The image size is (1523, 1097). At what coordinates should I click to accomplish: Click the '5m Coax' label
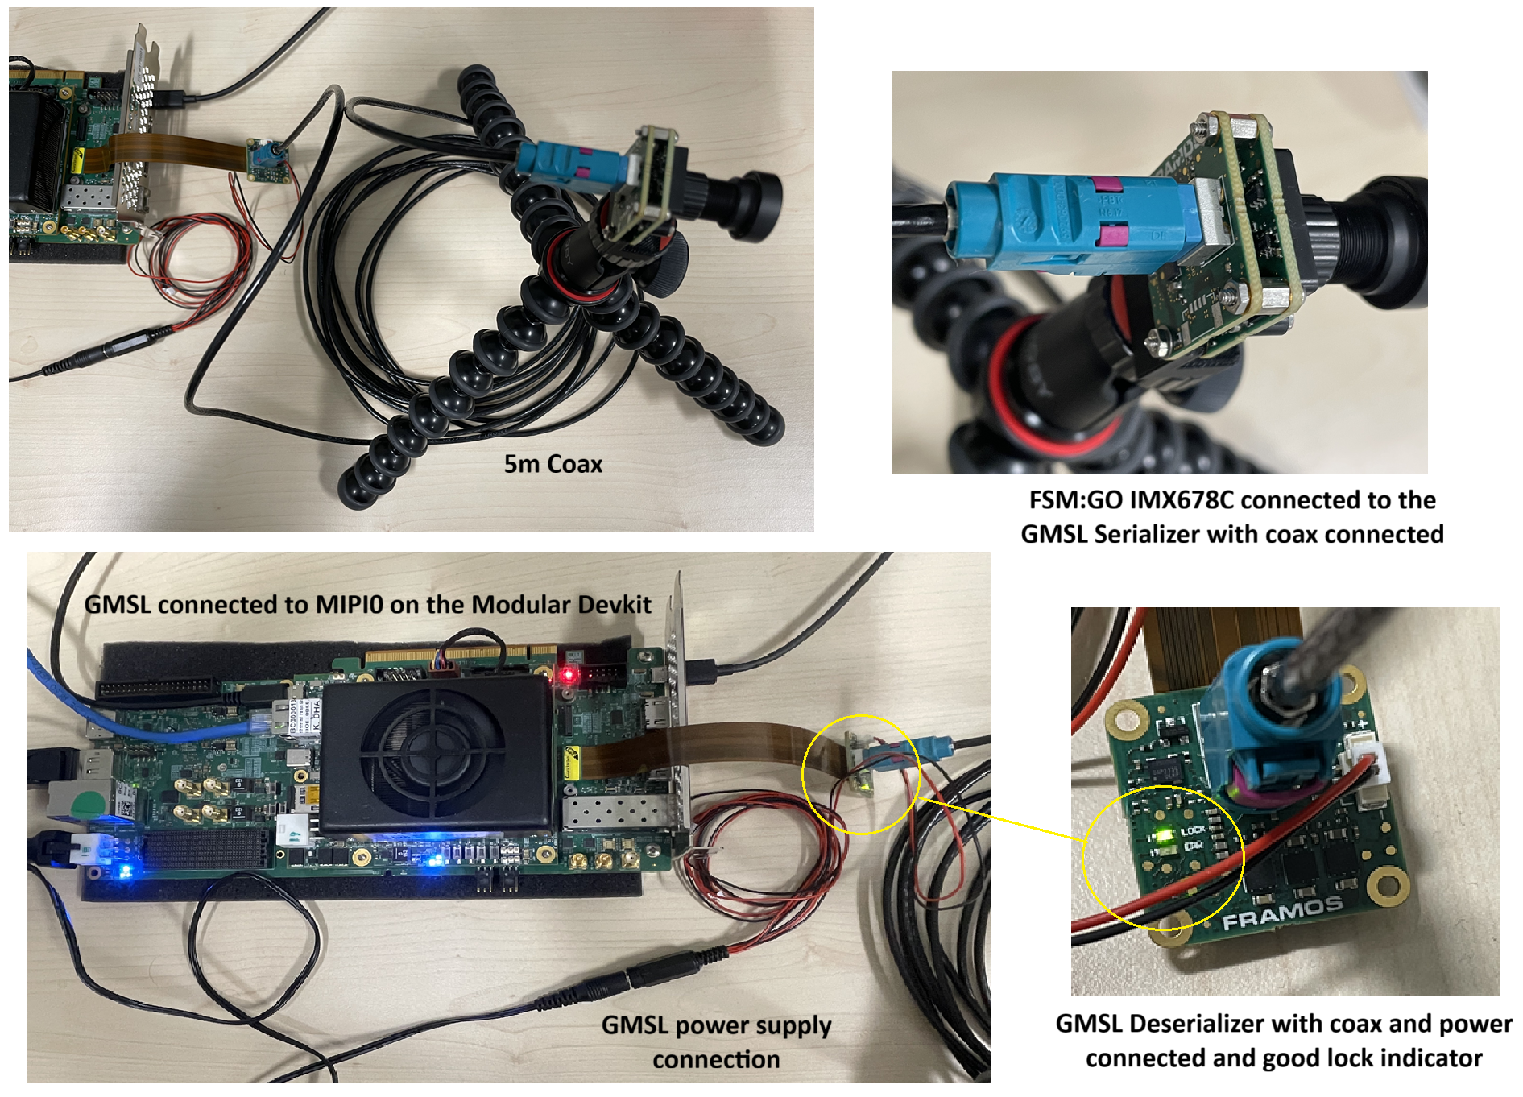[553, 464]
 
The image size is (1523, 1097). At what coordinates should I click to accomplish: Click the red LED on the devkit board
[569, 673]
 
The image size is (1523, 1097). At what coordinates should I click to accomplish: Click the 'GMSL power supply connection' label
[716, 1041]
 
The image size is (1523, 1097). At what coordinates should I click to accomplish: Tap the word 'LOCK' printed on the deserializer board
[1193, 830]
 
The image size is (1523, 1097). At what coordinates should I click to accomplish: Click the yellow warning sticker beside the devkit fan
[572, 760]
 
